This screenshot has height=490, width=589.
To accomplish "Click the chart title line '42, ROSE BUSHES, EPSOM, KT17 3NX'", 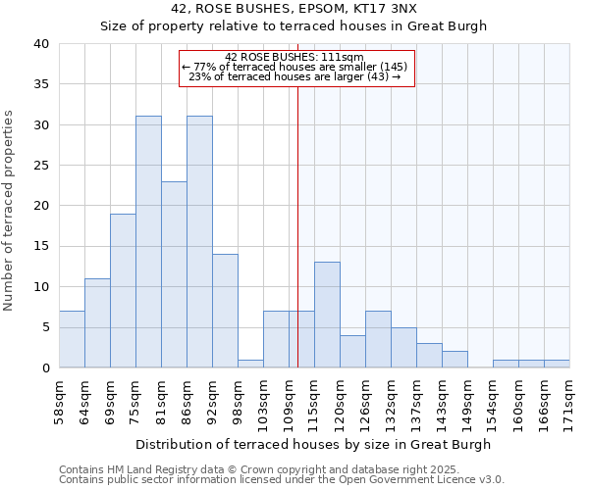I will point(294,9).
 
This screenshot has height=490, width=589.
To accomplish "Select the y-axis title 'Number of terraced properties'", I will point(9,210).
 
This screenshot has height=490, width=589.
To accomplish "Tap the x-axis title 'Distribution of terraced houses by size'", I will point(313,444).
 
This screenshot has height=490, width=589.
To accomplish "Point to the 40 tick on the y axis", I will point(40,44).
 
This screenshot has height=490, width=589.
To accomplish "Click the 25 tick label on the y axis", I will point(40,166).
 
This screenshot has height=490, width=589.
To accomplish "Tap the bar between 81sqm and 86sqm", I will point(174,274).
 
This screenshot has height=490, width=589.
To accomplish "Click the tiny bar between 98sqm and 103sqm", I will point(250,364).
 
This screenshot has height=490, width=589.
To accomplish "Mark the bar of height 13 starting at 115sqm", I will point(327,315).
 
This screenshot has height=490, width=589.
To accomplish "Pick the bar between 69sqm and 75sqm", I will point(123,291).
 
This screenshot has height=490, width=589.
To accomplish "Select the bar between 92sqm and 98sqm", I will point(225,311).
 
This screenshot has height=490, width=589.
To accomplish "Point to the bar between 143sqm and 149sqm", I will point(455,360).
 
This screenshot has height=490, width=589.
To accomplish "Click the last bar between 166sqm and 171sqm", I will point(557,364).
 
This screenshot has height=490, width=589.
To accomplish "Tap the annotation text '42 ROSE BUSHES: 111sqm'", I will point(294,57).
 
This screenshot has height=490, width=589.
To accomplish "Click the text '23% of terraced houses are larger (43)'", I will point(294,77).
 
